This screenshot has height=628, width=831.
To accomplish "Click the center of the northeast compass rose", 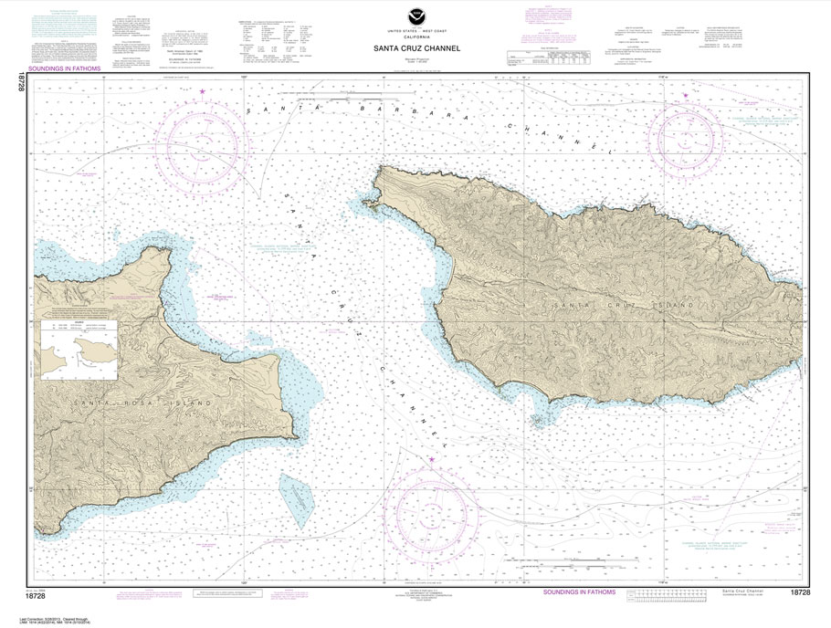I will point(686,140).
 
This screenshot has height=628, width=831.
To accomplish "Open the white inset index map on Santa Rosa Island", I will point(79,350).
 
